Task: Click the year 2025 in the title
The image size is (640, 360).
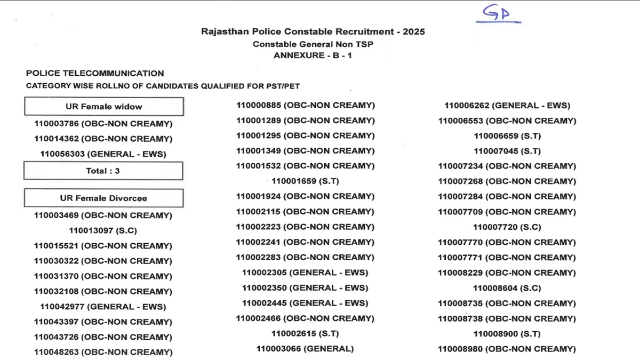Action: tap(414, 31)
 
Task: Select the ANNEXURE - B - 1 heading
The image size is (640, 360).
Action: tap(313, 55)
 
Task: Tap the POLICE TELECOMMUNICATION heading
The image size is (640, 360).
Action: tap(95, 74)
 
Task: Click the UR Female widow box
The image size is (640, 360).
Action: tap(104, 107)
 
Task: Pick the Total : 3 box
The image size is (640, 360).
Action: tap(103, 171)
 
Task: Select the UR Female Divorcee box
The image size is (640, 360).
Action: tap(103, 198)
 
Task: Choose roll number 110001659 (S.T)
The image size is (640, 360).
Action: tap(305, 181)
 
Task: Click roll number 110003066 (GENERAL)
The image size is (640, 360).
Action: tap(305, 349)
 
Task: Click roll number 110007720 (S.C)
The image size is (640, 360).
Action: tap(507, 227)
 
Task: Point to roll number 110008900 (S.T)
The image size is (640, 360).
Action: tap(507, 334)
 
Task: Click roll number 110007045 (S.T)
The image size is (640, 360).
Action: tap(507, 151)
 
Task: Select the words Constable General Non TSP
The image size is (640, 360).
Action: tap(313, 44)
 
